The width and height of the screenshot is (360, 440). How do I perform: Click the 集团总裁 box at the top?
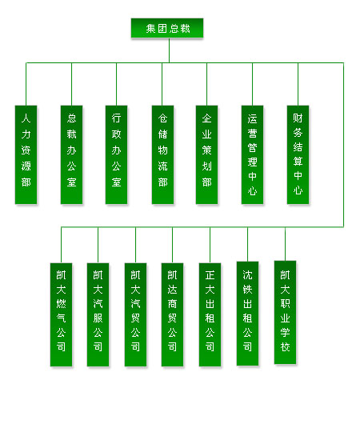tap(167, 28)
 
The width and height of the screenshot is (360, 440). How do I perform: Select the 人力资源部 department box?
tap(26, 154)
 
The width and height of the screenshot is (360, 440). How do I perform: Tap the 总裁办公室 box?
tap(71, 154)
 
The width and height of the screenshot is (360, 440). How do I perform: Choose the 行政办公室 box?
tap(117, 154)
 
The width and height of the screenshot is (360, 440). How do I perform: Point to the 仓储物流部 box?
tap(162, 154)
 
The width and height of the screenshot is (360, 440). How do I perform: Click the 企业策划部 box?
tap(206, 154)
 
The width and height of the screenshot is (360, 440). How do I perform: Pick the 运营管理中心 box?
tap(253, 154)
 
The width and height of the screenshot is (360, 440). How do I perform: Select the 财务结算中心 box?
tap(298, 154)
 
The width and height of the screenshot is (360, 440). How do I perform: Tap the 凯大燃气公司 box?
tap(61, 314)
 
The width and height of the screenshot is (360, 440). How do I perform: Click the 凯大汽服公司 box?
tap(98, 314)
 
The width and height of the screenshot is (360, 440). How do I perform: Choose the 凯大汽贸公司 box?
tap(135, 314)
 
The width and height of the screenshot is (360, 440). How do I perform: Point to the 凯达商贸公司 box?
tap(172, 314)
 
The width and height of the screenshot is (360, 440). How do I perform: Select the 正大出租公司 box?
tap(210, 314)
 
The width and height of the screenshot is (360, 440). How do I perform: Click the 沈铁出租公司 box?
tap(247, 314)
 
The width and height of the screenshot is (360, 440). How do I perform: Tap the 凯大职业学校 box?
tap(285, 312)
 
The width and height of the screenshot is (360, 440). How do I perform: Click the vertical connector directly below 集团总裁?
tap(169, 50)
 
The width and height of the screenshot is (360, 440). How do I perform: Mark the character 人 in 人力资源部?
tap(26, 118)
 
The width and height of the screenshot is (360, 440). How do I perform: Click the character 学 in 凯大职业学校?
tap(285, 333)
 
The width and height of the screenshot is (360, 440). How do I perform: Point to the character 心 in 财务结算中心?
tap(298, 190)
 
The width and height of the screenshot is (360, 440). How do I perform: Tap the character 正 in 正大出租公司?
tap(210, 275)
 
